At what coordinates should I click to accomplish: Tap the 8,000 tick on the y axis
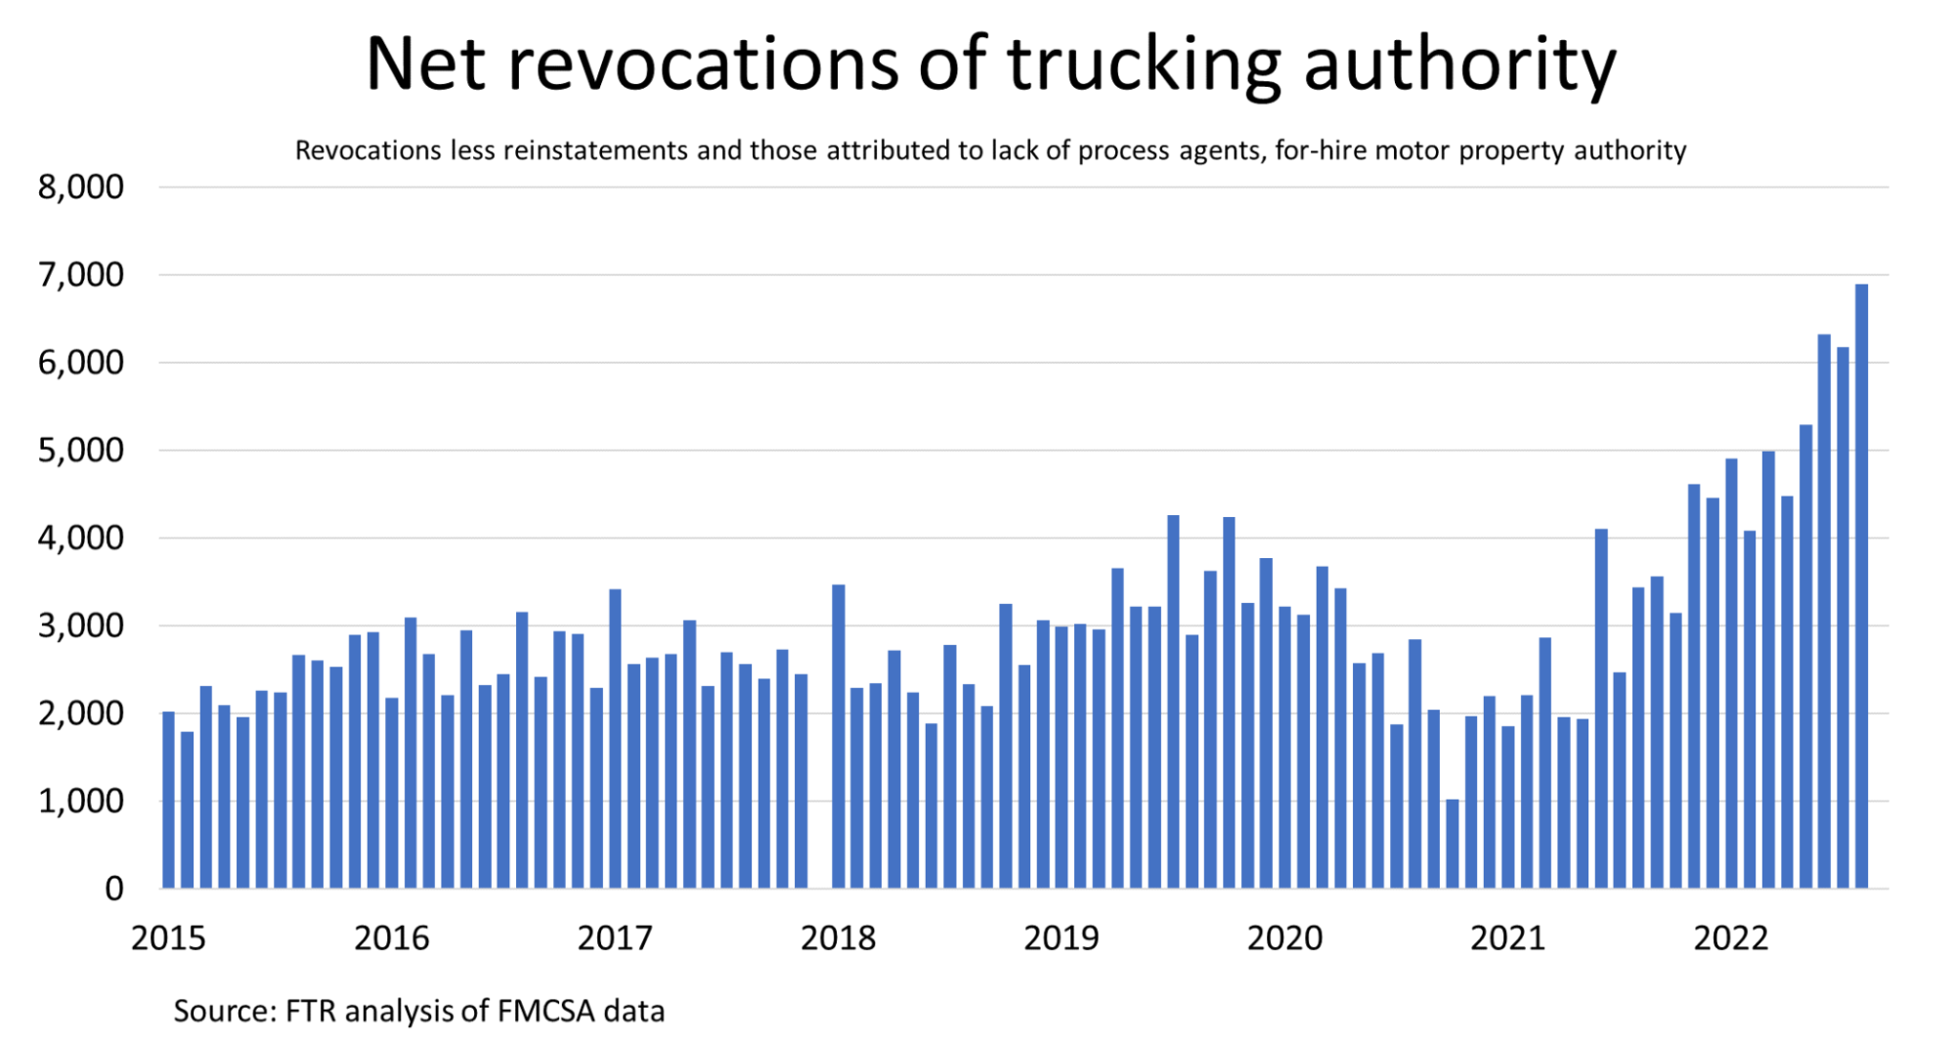pyautogui.click(x=81, y=187)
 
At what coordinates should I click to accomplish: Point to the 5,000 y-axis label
pyautogui.click(x=81, y=451)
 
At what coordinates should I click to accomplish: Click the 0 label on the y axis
pyautogui.click(x=114, y=888)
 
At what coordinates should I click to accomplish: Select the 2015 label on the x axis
pyautogui.click(x=169, y=938)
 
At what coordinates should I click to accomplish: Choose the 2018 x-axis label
pyautogui.click(x=839, y=938)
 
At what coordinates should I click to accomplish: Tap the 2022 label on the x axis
pyautogui.click(x=1731, y=938)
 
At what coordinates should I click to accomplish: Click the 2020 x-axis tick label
pyautogui.click(x=1284, y=938)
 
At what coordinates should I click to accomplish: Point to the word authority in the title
pyautogui.click(x=1460, y=65)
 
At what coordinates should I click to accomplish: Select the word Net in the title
pyautogui.click(x=426, y=65)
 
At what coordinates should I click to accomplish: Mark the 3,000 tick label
pyautogui.click(x=81, y=626)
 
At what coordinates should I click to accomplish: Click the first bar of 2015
pyautogui.click(x=169, y=800)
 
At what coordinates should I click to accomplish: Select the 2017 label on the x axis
pyautogui.click(x=615, y=938)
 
